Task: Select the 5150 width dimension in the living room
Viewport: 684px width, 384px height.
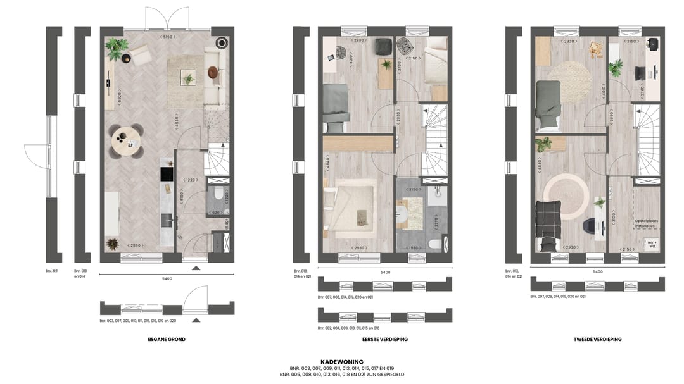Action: tap(168, 37)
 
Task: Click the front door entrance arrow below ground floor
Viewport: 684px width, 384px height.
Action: tap(196, 268)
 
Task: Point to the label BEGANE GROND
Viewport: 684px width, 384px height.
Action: tap(167, 340)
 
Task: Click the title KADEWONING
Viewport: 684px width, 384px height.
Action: tap(342, 362)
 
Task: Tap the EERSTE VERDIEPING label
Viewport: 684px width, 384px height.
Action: tap(385, 340)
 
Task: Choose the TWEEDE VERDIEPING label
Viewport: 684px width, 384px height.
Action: tap(597, 340)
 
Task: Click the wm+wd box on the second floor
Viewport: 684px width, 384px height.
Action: tap(651, 243)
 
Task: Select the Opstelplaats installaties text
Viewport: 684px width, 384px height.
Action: tap(647, 223)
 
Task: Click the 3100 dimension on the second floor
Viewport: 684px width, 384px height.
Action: tap(612, 218)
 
